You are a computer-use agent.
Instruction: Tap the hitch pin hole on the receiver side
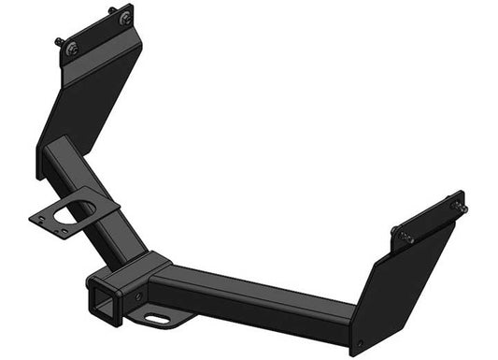pyautogui.click(x=139, y=295)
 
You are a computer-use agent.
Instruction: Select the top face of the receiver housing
pyautogui.click(x=140, y=266)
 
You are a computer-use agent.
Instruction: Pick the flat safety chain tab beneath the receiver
pyautogui.click(x=164, y=318)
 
